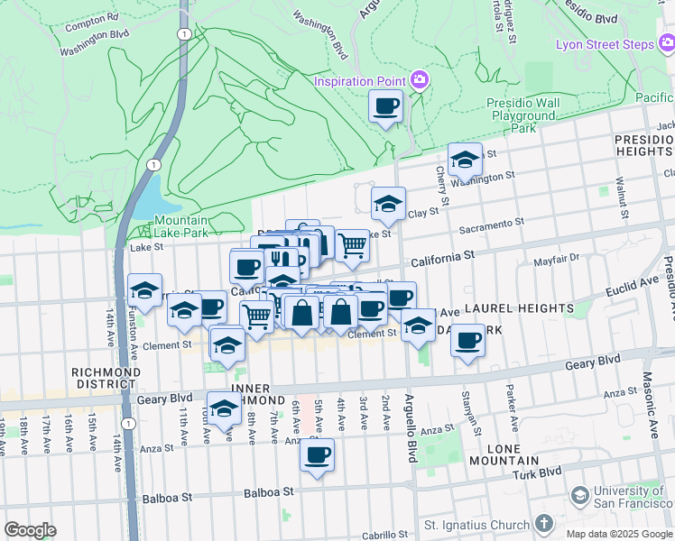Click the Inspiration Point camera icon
point(419,81)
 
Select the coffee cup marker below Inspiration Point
point(386,107)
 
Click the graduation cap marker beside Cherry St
point(465,160)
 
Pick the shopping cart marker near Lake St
point(352,244)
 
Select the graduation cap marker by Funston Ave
point(144,291)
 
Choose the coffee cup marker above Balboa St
point(317,455)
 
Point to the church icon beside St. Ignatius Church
point(543,523)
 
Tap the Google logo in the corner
point(30,530)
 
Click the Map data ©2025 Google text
point(618,534)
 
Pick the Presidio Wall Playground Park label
point(522,116)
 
